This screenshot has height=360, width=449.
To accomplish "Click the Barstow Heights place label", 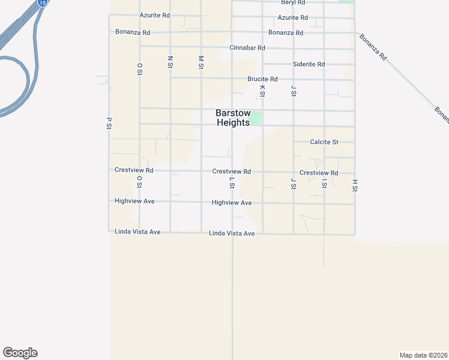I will point(233,118).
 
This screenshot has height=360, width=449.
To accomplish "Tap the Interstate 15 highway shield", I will point(41,2).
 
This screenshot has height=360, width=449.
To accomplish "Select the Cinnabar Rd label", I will point(247,47).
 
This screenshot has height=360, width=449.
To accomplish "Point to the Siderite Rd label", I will point(309,64).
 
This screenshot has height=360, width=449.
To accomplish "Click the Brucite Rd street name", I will point(262,79).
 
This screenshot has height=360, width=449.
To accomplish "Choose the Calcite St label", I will point(324,142).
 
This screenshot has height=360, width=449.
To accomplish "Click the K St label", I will point(262,91).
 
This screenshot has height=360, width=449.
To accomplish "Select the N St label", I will point(170,62).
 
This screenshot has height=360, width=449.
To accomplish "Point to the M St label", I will point(201,62).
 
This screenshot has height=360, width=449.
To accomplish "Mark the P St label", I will point(109,122).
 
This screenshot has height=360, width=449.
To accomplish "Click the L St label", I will point(232,183).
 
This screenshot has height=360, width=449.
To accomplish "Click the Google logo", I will point(20,353).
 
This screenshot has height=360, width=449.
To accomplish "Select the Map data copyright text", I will point(424,355).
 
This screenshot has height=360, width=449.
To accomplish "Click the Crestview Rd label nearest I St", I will point(319,173).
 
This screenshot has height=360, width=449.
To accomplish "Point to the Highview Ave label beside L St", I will point(232,203).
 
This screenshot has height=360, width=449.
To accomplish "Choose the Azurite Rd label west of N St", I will point(155,15).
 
